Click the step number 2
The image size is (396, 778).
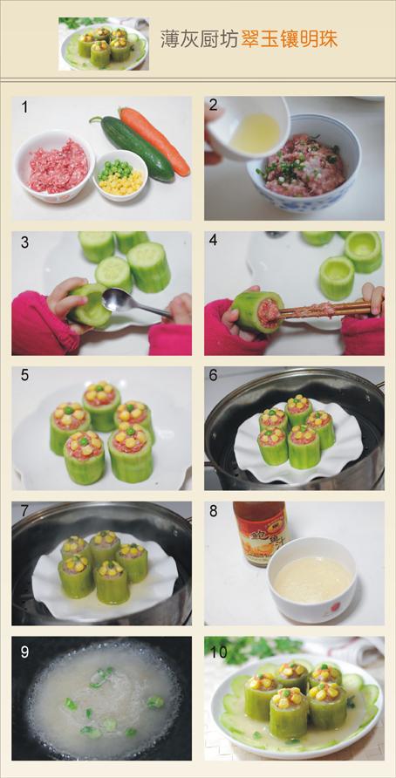214,106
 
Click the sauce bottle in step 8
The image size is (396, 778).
261,532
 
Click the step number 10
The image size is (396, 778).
217,652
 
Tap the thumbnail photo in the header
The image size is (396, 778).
104,44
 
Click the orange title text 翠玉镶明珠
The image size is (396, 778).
290,39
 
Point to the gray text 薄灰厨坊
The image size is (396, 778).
200,39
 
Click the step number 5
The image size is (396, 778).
24,376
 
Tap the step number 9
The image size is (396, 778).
24,652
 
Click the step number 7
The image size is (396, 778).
24,511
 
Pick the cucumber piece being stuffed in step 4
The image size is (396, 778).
258,312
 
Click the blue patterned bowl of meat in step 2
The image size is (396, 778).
304,164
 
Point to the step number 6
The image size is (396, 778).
214,376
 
